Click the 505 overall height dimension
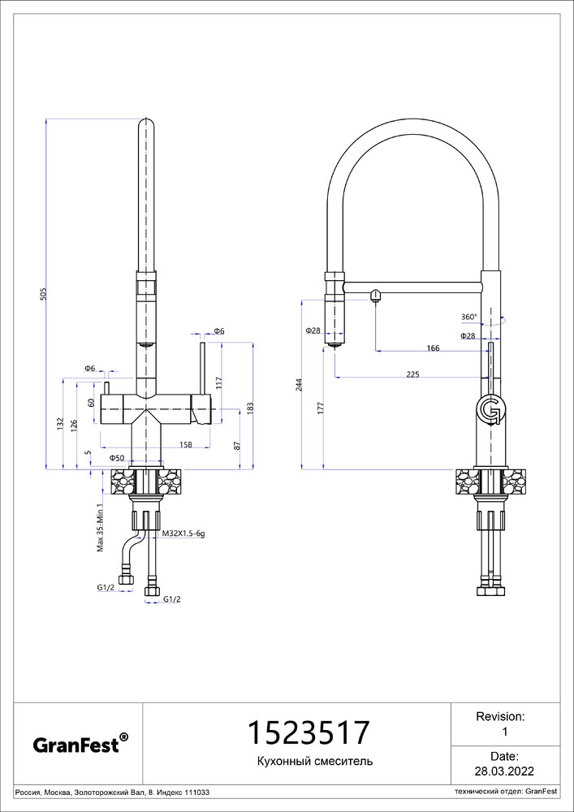(44, 294)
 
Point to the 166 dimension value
(433, 348)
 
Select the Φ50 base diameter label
(116, 458)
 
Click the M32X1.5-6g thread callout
(184, 533)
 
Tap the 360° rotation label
(469, 317)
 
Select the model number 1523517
(309, 732)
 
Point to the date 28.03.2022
(504, 785)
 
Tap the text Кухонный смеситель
(315, 762)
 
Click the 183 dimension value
(252, 408)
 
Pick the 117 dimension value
(219, 382)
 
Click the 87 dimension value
(237, 445)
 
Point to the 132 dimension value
(60, 424)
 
